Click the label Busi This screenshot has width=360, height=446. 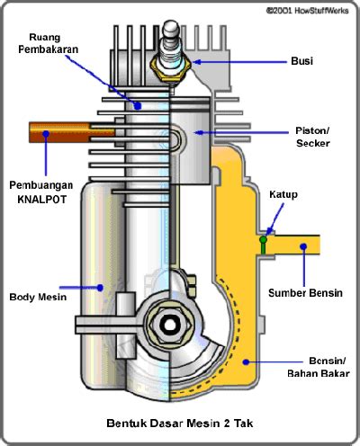pos(301,61)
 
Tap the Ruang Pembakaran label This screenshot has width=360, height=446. pos(48,43)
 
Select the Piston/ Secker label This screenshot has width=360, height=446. pos(312,137)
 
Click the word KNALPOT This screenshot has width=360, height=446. pos(41,200)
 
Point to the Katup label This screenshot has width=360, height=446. pos(283,194)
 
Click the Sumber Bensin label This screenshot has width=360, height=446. pos(305,293)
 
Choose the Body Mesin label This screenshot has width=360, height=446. pos(38,297)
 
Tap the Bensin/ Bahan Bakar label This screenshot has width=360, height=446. pos(319,367)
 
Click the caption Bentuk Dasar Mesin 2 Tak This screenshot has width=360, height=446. pos(180,424)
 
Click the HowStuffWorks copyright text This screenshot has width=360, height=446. pos(307,11)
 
